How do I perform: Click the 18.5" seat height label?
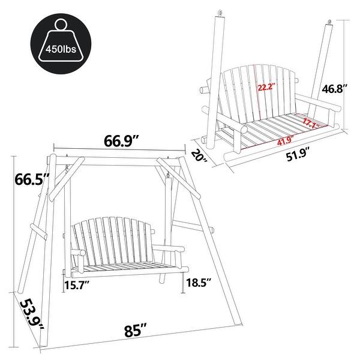point(199,283)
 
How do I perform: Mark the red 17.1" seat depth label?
point(310,124)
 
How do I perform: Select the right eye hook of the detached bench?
point(329,25)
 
